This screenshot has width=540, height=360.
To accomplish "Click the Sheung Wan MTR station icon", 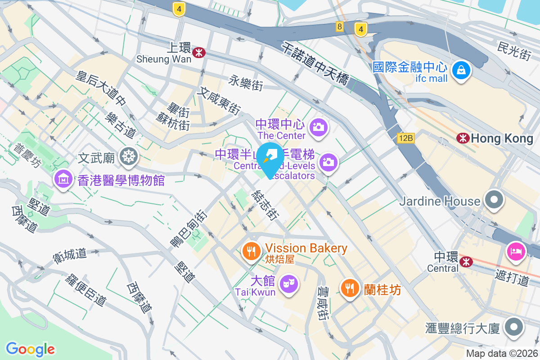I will (x=198, y=53).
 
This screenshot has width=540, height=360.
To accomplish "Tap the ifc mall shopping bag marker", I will (x=461, y=70).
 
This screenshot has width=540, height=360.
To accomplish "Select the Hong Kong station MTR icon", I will (x=462, y=138).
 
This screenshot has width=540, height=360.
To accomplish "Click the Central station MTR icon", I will (x=466, y=261).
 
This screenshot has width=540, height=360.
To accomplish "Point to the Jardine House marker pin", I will (x=494, y=199).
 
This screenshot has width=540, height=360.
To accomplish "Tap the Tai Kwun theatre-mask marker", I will (x=288, y=283).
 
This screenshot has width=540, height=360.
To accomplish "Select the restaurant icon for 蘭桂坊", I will (x=350, y=287).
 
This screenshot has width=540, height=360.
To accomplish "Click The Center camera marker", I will (x=319, y=127).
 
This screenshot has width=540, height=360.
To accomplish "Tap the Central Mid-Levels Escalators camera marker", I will (x=329, y=162).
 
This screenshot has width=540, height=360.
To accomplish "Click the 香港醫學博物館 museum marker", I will (x=63, y=179).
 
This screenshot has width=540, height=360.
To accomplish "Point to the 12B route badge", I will (x=405, y=138).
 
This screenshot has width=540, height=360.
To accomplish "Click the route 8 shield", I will (x=339, y=27).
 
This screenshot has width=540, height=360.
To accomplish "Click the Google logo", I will (x=30, y=349).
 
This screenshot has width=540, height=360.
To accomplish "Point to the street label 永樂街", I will (x=246, y=82).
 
